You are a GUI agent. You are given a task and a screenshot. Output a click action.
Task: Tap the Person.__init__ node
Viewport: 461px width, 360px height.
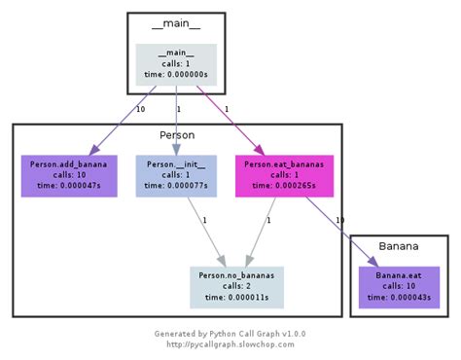176,175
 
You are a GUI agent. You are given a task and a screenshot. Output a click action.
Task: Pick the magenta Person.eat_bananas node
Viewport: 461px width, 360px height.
284,175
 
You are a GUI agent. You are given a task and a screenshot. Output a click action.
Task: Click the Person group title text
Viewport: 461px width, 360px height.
177,135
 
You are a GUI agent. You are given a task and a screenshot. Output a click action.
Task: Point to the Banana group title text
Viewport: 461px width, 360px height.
399,247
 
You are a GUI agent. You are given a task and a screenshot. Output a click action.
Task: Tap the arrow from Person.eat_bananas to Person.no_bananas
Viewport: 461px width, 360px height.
261,229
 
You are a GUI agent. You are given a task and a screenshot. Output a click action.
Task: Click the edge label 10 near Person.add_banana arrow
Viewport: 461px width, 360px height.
140,109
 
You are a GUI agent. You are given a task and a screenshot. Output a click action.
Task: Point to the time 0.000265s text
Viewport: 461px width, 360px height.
284,186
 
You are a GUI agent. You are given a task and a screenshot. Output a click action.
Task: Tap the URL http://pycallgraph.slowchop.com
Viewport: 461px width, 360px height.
230,343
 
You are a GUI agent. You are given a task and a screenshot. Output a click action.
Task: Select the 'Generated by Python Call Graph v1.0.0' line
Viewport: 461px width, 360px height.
230,333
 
